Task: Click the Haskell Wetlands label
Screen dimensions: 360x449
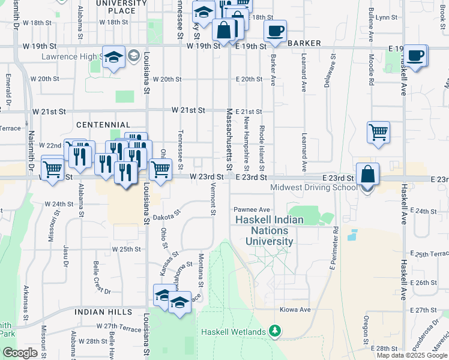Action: [x=233, y=332]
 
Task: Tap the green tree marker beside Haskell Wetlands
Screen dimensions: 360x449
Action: [x=275, y=331]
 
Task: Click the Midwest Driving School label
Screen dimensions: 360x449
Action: [x=313, y=187]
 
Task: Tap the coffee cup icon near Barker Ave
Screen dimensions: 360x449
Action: [x=276, y=31]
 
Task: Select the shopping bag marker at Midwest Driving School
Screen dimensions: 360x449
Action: [x=367, y=175]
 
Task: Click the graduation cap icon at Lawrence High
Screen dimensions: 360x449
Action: [x=113, y=58]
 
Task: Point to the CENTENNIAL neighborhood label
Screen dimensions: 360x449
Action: [x=99, y=124]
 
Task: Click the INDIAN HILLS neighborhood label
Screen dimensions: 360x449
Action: [x=103, y=313]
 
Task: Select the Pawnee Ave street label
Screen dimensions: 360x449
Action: [x=252, y=210]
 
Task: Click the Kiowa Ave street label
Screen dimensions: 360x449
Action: [x=295, y=310]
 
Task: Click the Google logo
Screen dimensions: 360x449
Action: [x=20, y=353]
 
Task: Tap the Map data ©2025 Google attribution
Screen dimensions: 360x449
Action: [x=412, y=355]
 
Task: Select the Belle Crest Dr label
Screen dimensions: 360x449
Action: [x=98, y=278]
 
